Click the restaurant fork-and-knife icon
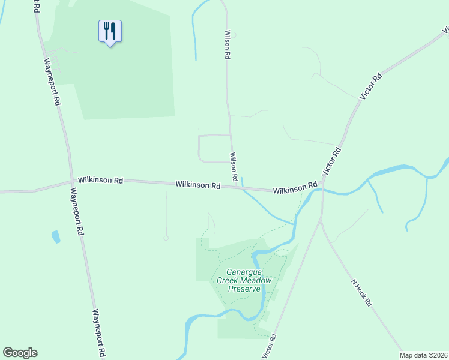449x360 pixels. click(x=110, y=31)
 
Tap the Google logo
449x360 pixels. click(x=20, y=353)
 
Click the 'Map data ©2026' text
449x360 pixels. click(x=423, y=355)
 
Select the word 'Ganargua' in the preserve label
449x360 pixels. click(x=245, y=271)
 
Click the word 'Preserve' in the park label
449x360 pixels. click(x=244, y=289)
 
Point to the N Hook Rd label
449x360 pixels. click(x=361, y=292)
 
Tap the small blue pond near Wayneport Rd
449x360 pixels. click(x=56, y=236)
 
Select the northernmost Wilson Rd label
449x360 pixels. click(x=228, y=45)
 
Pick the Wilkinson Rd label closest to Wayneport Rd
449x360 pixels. click(x=101, y=180)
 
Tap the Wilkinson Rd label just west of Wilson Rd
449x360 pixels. click(x=197, y=185)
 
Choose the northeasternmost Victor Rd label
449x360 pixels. click(x=370, y=86)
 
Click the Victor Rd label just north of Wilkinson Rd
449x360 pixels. click(x=331, y=161)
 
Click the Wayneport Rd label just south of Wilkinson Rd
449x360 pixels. click(x=77, y=212)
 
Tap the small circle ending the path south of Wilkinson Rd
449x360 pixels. click(x=166, y=238)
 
